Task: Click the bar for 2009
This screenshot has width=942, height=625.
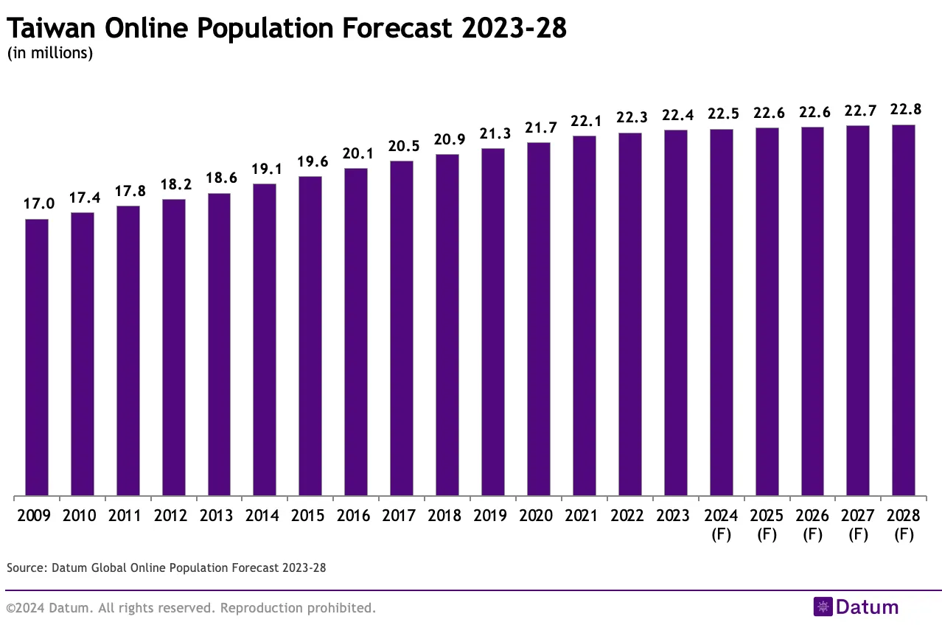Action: [x=37, y=357]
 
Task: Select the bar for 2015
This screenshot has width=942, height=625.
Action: [x=310, y=336]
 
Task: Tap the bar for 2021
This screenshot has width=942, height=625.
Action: [x=584, y=315]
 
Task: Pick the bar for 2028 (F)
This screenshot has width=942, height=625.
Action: [x=903, y=310]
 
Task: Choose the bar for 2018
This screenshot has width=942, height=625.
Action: [x=447, y=325]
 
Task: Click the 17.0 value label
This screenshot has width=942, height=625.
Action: [x=37, y=204]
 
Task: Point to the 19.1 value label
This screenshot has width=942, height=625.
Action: [x=265, y=169]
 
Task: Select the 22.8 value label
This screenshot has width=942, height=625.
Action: [x=903, y=109]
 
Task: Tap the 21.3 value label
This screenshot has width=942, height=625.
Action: [x=492, y=133]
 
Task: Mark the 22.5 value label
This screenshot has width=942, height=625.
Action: [x=721, y=114]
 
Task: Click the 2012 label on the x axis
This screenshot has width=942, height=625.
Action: [x=173, y=515]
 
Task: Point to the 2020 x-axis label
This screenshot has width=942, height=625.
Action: [x=538, y=515]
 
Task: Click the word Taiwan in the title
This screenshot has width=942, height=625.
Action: [x=52, y=29]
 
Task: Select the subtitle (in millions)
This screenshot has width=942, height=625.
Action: [x=49, y=53]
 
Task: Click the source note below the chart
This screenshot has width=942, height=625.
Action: [x=166, y=568]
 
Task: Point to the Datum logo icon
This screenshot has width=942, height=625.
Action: [x=823, y=607]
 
